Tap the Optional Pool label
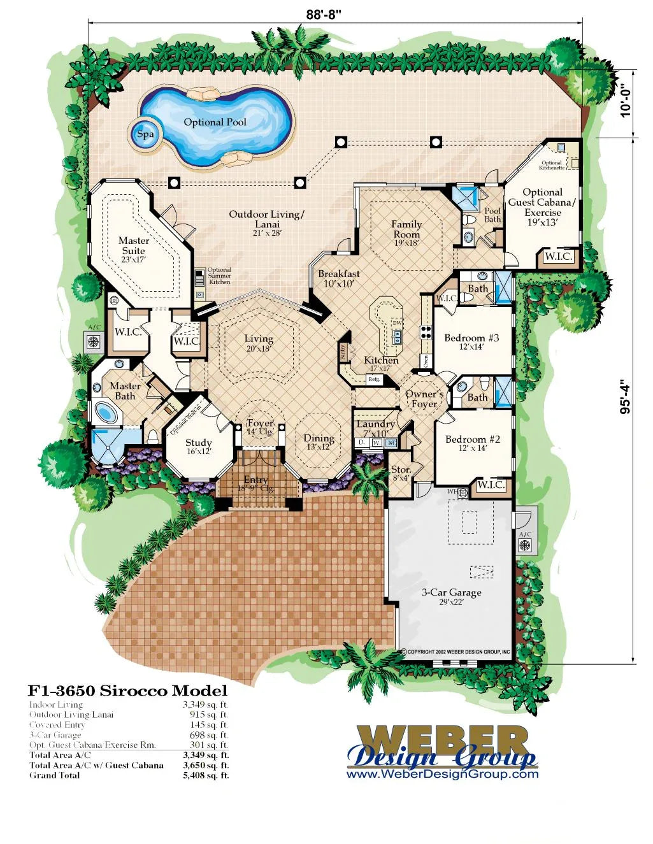[215, 122]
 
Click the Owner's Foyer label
[424, 399]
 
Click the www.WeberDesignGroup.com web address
[442, 775]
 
